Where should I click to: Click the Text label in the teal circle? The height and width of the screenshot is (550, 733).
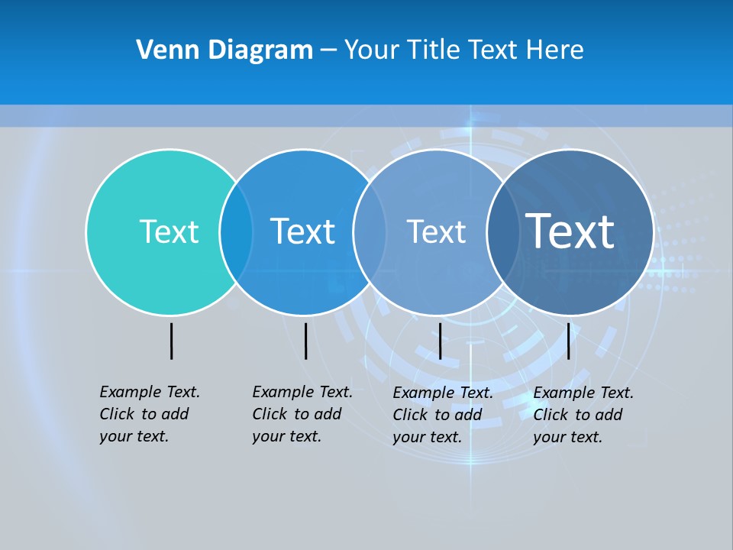tap(169, 231)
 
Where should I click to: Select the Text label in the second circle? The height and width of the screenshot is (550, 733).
tap(302, 231)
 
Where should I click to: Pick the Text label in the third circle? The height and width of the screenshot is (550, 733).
tap(436, 231)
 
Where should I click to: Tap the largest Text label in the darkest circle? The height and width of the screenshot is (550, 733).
tap(570, 231)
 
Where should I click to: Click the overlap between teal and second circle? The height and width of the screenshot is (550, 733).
tap(236, 232)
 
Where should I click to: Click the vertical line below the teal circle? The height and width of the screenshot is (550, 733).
tap(171, 341)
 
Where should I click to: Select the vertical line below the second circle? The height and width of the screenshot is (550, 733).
tap(305, 341)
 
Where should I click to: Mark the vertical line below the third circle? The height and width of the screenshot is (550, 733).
tap(440, 341)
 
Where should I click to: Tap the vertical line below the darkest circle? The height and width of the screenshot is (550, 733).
tap(568, 341)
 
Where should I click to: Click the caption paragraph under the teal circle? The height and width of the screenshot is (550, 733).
tap(149, 414)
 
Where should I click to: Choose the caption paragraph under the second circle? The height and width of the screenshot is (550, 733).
tap(302, 414)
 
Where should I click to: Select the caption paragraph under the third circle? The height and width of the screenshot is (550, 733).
tap(442, 415)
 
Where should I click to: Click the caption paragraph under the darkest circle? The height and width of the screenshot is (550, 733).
tap(583, 415)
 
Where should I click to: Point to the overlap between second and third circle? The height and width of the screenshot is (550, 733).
tap(370, 232)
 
